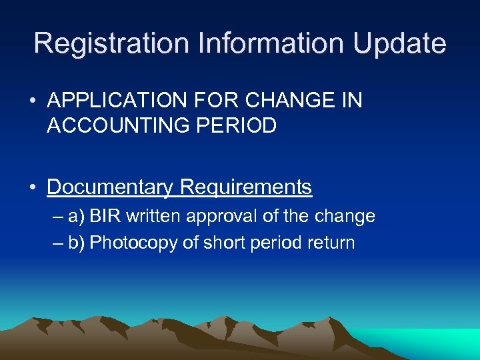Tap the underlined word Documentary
pos(110,187)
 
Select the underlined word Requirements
pos(246,187)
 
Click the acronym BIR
pos(105,217)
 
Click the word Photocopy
pos(133,243)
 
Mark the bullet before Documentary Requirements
pos(33,188)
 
